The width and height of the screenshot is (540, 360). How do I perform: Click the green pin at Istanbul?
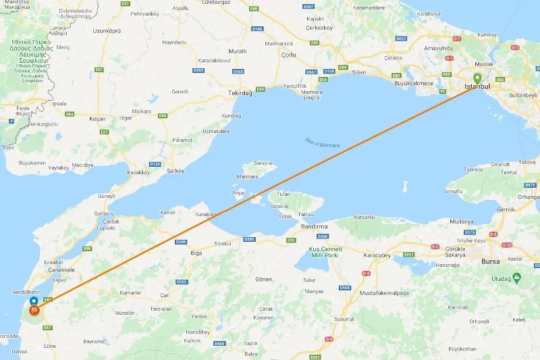pos(477,78)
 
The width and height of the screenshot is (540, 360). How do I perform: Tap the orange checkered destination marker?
pos(34,311)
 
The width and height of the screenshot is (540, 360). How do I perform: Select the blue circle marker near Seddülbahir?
pos(34,299)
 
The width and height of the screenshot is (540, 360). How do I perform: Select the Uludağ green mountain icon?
pos(516,277)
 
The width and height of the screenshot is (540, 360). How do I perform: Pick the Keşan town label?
pos(98,118)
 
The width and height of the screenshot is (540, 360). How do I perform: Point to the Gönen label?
pos(263,278)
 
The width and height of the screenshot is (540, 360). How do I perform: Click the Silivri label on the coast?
pos(358,72)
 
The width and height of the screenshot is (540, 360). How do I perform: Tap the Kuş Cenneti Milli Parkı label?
pos(323,252)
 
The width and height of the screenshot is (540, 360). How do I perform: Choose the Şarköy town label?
pos(174,170)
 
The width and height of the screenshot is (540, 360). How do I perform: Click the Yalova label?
pos(527,162)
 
